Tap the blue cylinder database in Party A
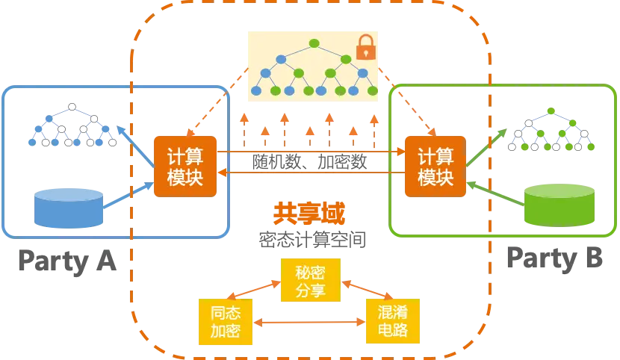[x=69, y=208]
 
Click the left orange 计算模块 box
[x=185, y=167]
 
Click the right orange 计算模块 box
[x=435, y=167]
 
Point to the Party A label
[x=69, y=261]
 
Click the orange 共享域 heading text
[x=309, y=215]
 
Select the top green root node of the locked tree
[x=312, y=42]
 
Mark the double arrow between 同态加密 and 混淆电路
[x=309, y=323]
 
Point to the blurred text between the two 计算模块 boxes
[x=309, y=161]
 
